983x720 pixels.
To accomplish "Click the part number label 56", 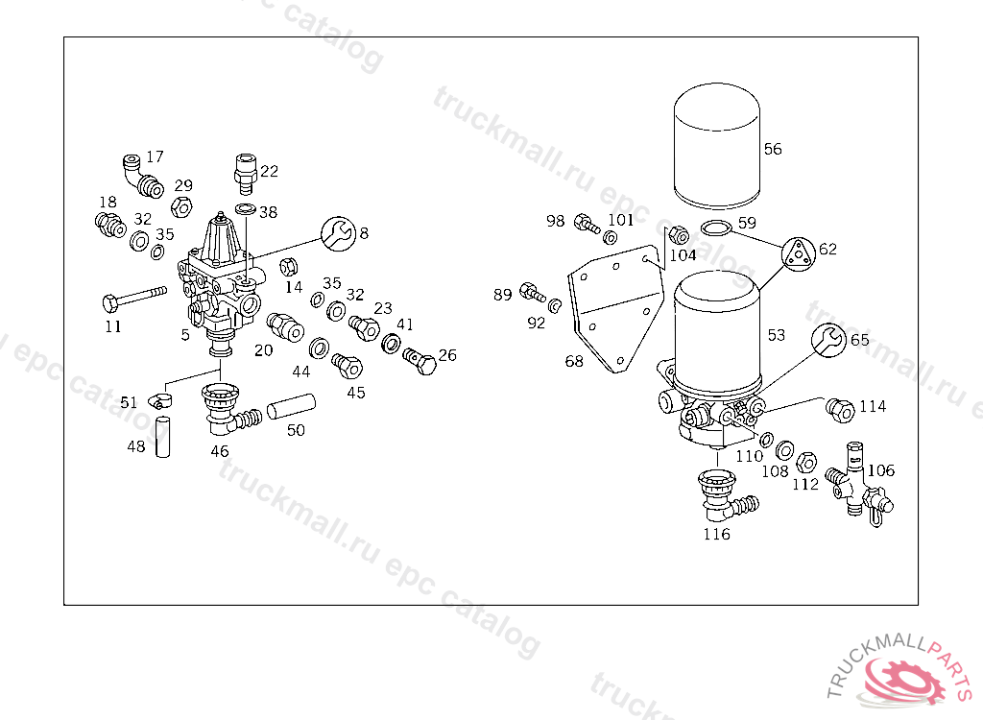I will pyautogui.click(x=773, y=149).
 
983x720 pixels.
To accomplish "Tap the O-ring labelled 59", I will pyautogui.click(x=715, y=228).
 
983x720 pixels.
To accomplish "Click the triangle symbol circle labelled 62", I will pyautogui.click(x=798, y=253).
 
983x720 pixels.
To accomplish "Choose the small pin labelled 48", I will pyautogui.click(x=162, y=437).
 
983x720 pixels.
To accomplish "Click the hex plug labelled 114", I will pyautogui.click(x=840, y=410).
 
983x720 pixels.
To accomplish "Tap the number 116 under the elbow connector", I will pyautogui.click(x=716, y=534).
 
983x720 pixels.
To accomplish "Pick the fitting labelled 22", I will pyautogui.click(x=244, y=171).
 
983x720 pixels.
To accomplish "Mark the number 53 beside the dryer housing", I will pyautogui.click(x=776, y=335).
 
